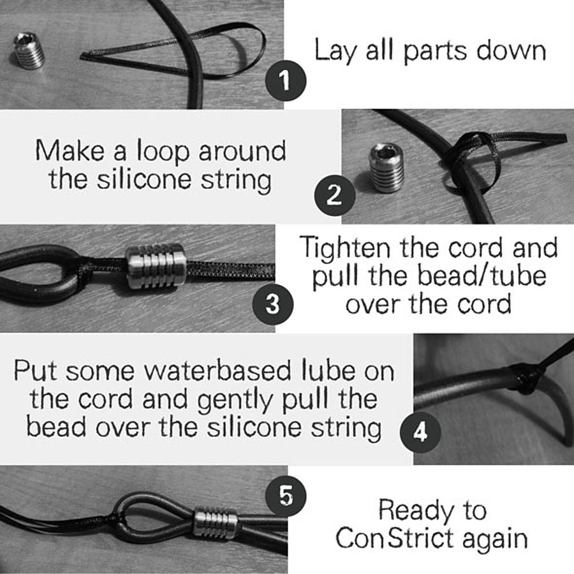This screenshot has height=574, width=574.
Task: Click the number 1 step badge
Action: coord(285,80)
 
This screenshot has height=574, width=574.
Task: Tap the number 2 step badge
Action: coord(335,195)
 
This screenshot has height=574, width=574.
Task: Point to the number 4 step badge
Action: coord(421,432)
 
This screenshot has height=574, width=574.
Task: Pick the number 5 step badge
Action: coord(286,496)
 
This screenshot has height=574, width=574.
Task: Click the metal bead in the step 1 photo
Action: coord(29,50)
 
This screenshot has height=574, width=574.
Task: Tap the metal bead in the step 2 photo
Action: coord(386,168)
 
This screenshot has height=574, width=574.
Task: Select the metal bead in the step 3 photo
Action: coord(156,265)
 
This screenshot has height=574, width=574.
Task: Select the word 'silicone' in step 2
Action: coord(144,179)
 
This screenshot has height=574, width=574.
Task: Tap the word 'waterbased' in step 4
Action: coord(219,370)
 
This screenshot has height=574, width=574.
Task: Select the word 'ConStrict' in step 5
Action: coord(395,538)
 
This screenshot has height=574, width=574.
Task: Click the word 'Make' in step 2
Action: coord(70,151)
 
